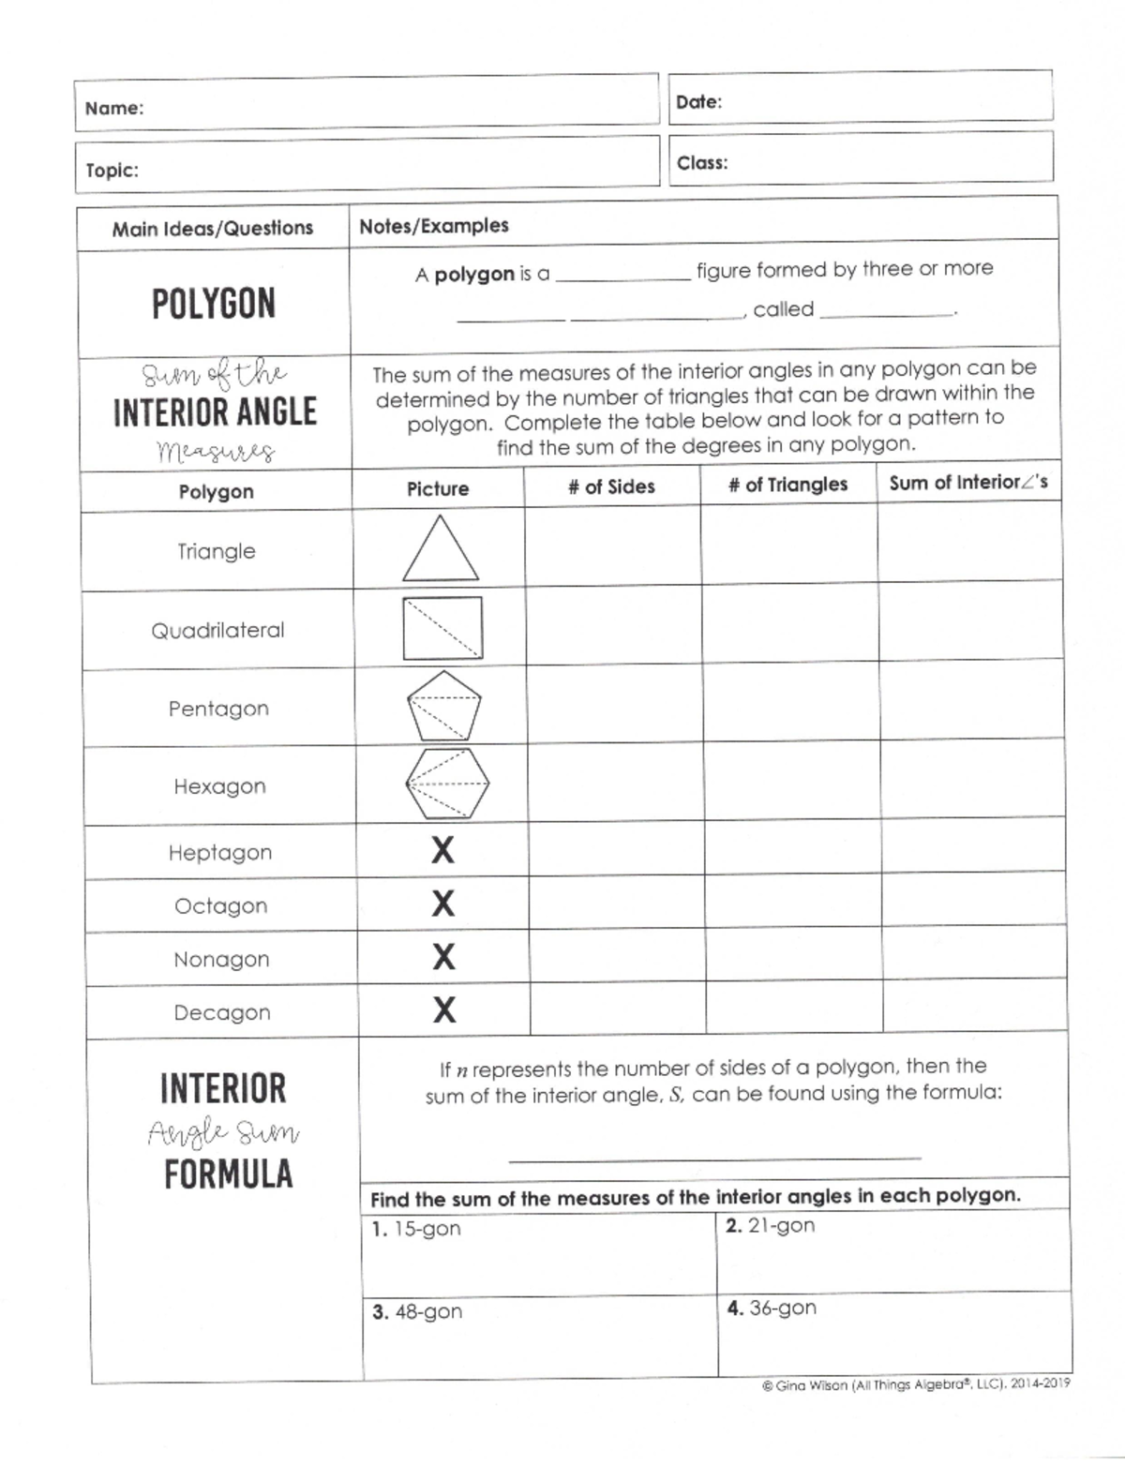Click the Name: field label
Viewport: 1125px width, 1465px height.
tap(114, 109)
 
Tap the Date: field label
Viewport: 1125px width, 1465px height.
tap(698, 102)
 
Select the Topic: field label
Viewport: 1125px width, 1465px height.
tap(112, 171)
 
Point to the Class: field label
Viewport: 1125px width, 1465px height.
tap(702, 163)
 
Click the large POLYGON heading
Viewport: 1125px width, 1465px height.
tap(214, 305)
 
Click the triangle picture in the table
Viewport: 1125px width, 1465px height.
tap(440, 552)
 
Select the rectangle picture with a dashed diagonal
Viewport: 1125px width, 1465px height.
tap(442, 628)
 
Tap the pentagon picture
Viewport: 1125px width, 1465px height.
tap(443, 706)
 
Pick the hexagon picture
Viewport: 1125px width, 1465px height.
tap(446, 785)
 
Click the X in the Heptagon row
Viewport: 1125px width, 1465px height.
tap(442, 851)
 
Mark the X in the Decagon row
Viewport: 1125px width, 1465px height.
tap(444, 1010)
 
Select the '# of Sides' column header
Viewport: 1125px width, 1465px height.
tap(611, 486)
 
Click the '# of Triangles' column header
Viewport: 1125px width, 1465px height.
tap(787, 485)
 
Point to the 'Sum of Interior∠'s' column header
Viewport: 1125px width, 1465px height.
tap(967, 483)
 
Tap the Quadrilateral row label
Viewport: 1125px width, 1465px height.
tap(217, 630)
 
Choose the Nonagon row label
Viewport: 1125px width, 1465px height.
tap(221, 960)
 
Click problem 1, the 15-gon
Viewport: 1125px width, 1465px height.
tap(416, 1229)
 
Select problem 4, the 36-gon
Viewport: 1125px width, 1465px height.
tap(771, 1308)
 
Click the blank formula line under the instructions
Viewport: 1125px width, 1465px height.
tap(714, 1159)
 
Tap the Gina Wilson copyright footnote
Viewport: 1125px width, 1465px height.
tap(916, 1384)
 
